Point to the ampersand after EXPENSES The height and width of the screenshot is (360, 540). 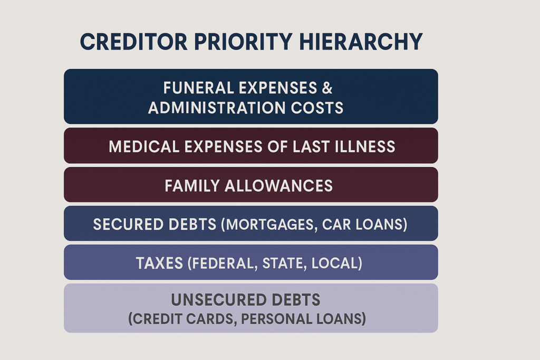(327, 87)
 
